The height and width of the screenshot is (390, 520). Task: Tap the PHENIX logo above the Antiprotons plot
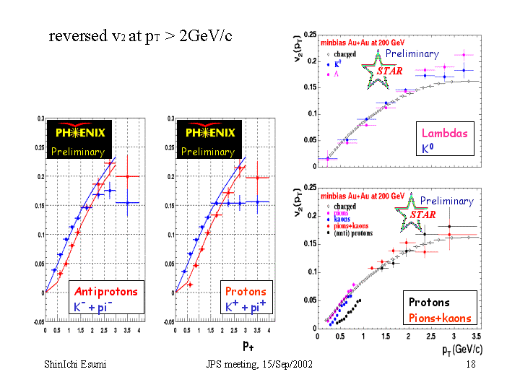click(x=77, y=133)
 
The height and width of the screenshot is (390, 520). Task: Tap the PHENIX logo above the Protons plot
click(x=209, y=133)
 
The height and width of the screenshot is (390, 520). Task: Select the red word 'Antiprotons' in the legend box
click(x=105, y=292)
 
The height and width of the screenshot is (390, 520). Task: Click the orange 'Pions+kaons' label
click(x=440, y=318)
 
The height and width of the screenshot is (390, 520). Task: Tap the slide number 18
click(x=471, y=365)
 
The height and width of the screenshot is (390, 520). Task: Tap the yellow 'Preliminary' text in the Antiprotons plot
click(x=77, y=152)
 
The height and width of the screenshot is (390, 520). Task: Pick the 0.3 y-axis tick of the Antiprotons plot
click(x=40, y=117)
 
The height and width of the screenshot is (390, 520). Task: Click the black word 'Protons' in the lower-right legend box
click(x=429, y=303)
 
